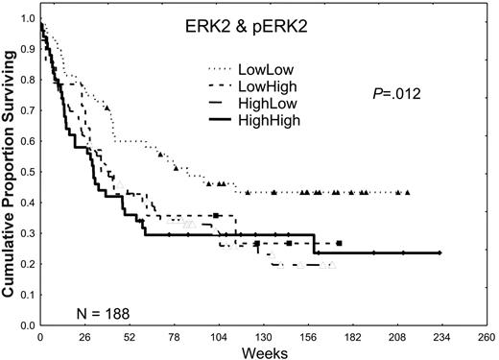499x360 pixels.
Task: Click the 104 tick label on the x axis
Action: pyautogui.click(x=218, y=338)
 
